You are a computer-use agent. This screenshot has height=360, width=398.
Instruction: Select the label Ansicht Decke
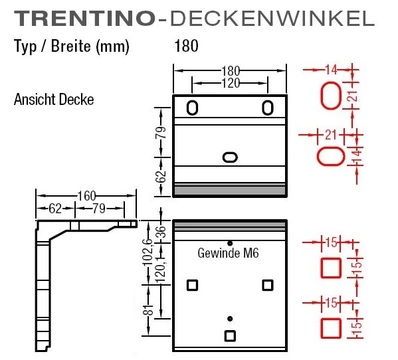(x=54, y=100)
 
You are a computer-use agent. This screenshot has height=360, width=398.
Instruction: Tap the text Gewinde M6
(x=227, y=253)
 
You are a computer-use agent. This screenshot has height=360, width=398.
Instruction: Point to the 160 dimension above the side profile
(x=86, y=196)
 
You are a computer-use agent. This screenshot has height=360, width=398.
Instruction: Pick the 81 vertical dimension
(x=149, y=309)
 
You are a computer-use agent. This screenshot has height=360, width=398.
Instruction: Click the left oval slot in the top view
(x=192, y=108)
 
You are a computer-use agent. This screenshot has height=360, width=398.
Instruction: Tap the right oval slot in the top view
(x=268, y=108)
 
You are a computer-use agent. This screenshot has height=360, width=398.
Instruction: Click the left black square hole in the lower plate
(x=192, y=285)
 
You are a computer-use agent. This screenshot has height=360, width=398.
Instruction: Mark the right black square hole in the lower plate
(x=268, y=285)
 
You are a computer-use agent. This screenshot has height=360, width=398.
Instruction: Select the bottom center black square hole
(x=230, y=335)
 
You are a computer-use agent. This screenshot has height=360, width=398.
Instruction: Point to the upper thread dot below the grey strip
(x=230, y=243)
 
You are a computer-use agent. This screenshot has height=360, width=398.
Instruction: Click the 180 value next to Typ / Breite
(x=186, y=46)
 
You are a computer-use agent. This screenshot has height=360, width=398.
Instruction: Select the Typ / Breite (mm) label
(x=71, y=46)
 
